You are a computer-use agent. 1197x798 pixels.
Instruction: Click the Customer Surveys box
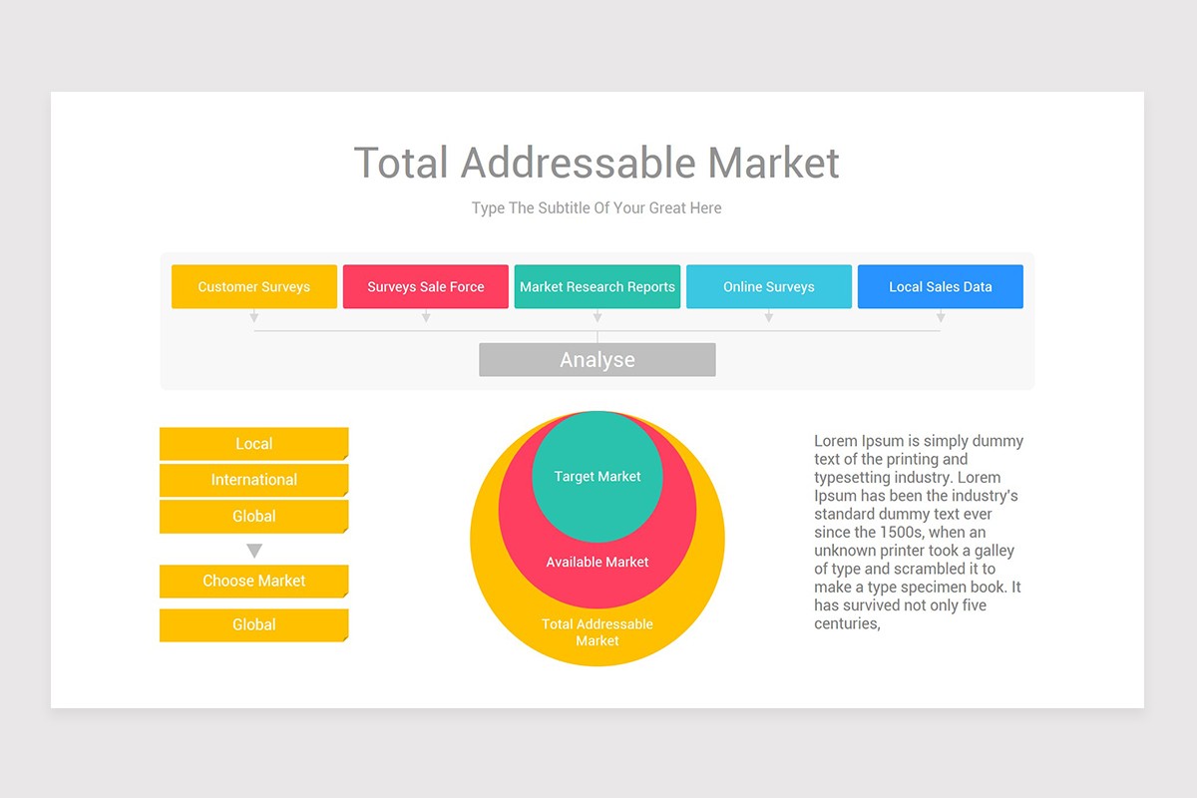(254, 286)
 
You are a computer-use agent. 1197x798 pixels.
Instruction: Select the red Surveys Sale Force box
(426, 286)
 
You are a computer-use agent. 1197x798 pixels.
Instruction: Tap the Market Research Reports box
(598, 286)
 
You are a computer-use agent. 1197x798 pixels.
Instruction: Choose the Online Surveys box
(769, 286)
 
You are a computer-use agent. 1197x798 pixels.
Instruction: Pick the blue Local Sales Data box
(941, 286)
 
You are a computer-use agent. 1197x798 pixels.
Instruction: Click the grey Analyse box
(598, 360)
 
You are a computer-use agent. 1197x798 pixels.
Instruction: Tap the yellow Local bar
(254, 444)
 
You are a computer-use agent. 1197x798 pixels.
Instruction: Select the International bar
(254, 480)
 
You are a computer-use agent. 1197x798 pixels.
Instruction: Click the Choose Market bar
(254, 581)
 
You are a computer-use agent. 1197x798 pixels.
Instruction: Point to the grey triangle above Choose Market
(254, 551)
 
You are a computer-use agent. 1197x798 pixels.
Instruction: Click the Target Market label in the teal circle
(598, 477)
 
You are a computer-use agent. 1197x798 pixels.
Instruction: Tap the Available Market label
(598, 563)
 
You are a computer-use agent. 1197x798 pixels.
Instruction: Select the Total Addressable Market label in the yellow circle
(598, 632)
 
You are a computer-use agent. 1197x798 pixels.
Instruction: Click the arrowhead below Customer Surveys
(254, 317)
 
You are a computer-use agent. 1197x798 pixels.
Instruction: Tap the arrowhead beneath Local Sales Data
(941, 317)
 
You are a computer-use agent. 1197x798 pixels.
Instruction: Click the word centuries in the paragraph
(846, 624)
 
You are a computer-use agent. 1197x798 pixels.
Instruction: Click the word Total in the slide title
(402, 163)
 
